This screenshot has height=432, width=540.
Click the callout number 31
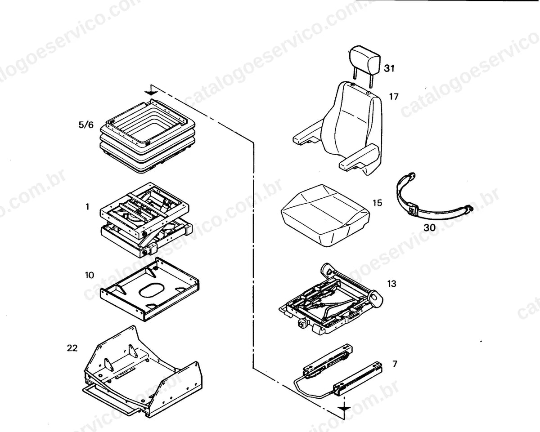click(389, 68)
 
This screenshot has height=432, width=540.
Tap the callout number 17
click(394, 96)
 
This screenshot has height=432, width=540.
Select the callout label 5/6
click(86, 125)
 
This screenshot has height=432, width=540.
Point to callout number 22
click(72, 348)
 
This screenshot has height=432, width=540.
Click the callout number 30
click(430, 227)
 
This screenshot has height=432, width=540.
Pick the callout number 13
click(391, 284)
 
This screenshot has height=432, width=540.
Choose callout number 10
click(90, 275)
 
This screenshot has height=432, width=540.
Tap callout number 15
click(378, 203)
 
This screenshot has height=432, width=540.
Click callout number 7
click(395, 364)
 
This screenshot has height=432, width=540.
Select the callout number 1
click(87, 207)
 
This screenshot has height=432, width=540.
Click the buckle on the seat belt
click(413, 211)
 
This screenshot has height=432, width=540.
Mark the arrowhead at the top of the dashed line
click(151, 93)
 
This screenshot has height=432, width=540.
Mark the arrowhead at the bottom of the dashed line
click(344, 409)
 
